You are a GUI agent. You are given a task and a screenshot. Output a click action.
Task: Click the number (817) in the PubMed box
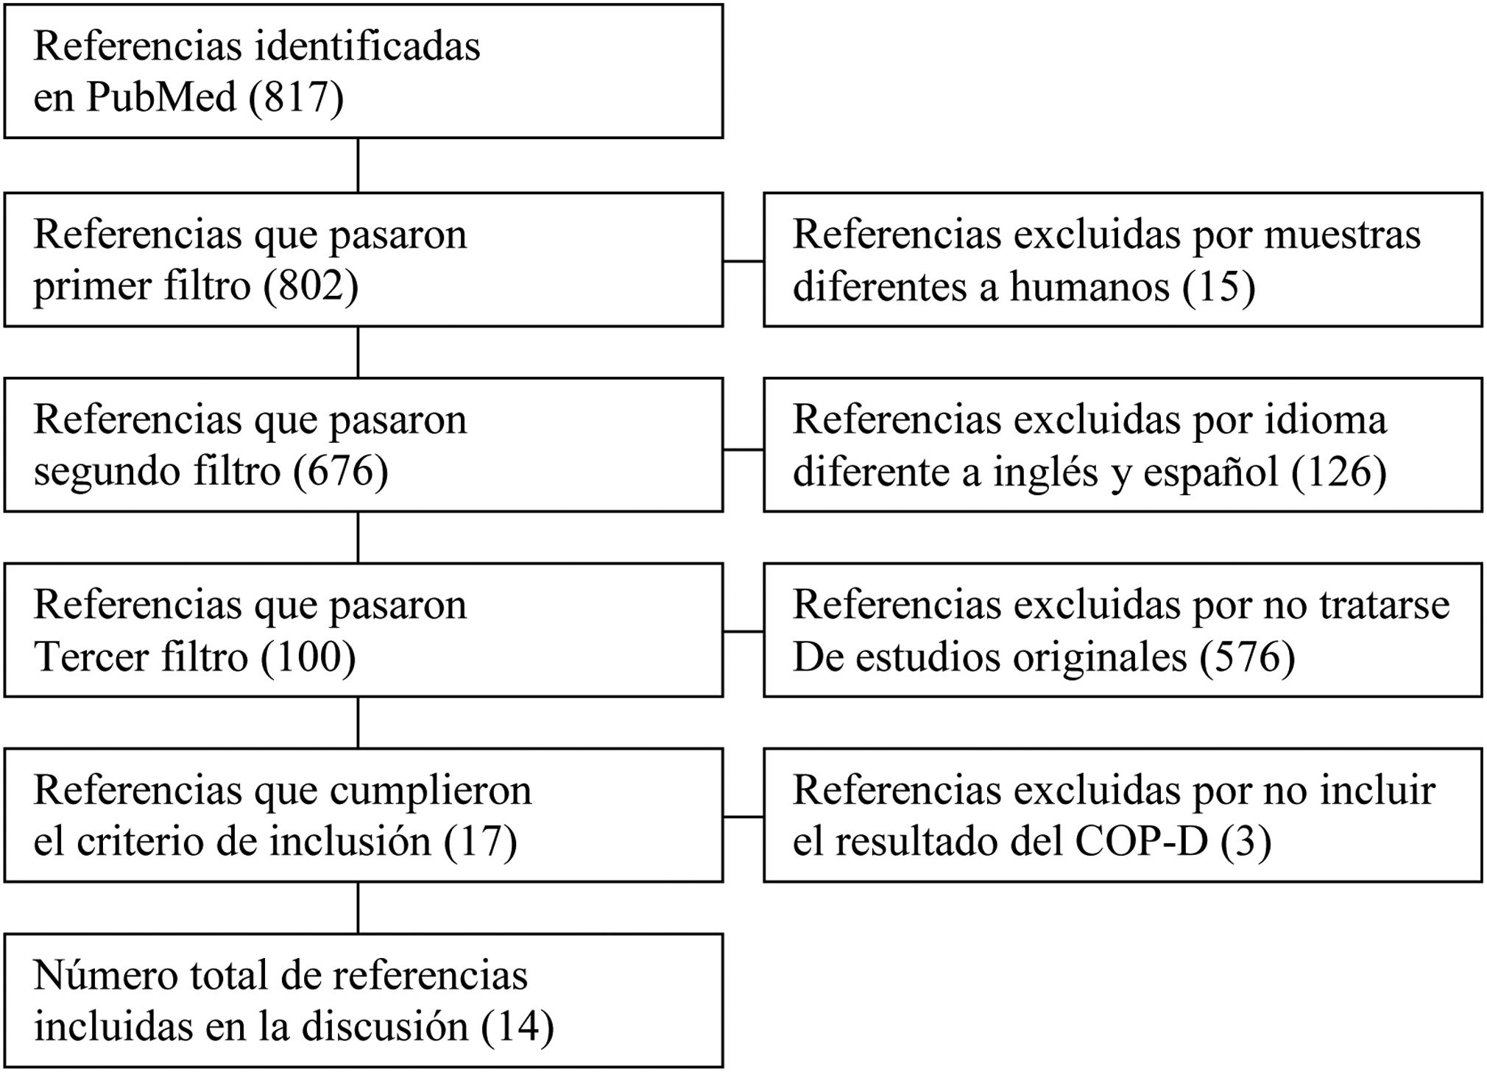296,97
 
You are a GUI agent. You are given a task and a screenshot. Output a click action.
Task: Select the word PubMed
160,97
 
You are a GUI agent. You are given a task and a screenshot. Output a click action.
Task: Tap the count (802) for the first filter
311,285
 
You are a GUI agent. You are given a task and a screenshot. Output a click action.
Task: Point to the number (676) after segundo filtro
340,471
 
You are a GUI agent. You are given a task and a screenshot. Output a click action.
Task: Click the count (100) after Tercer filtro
308,656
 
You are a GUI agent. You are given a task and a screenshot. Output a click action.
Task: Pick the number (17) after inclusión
480,842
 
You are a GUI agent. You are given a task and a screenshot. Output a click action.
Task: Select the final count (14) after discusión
517,1027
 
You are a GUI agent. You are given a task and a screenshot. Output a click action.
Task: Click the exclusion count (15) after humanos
1218,285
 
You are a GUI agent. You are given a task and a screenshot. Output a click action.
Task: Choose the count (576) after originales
1247,656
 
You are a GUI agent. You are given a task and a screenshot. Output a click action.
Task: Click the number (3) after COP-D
1246,842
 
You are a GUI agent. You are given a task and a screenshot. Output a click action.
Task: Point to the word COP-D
1141,842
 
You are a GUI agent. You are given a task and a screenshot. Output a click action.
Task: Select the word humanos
1089,285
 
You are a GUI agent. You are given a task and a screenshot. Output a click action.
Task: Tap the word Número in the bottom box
100,976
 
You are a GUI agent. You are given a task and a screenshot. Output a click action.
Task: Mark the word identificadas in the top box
367,46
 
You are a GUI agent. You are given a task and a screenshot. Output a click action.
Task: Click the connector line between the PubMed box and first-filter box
358,166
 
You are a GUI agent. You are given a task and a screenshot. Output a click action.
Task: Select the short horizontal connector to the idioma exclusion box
743,449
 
